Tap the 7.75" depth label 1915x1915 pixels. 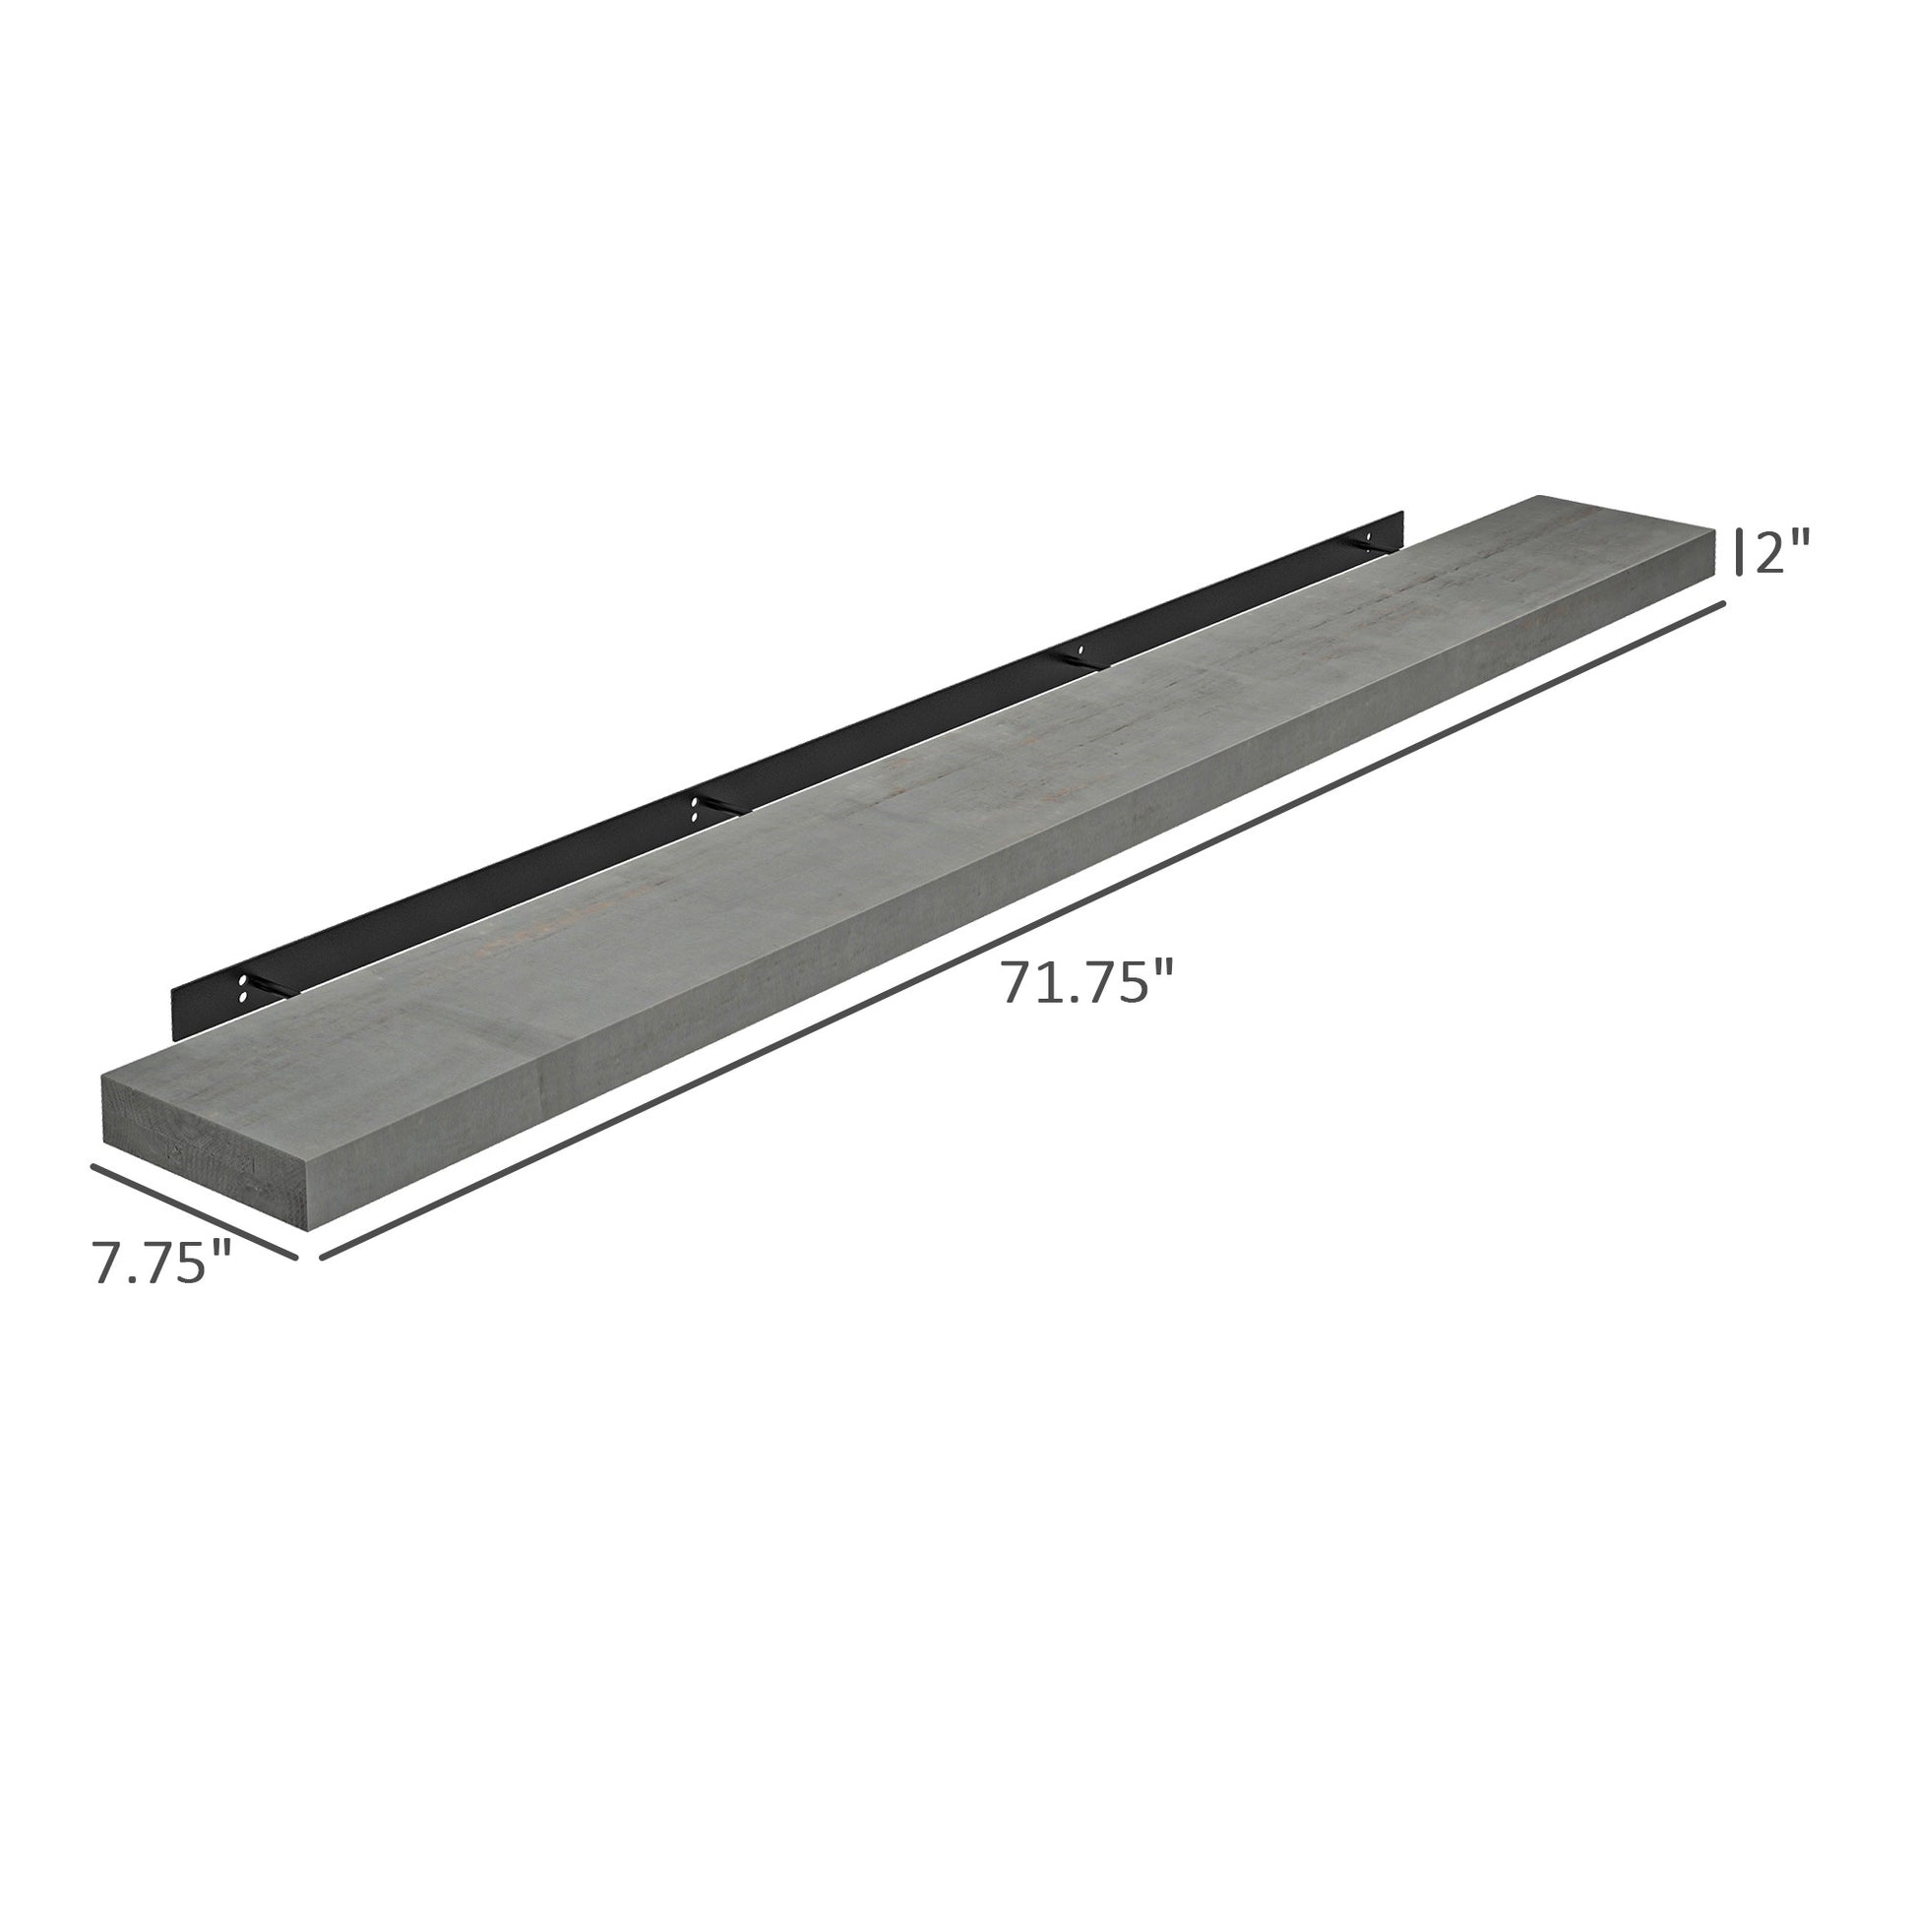click(161, 1263)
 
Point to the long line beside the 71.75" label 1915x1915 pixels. click(1020, 930)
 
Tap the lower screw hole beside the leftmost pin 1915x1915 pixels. click(244, 994)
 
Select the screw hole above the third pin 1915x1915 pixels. click(1080, 649)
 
